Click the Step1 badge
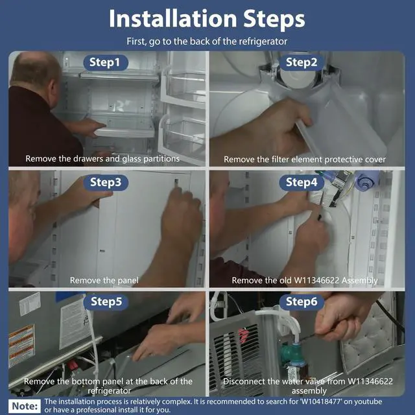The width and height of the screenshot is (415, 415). [x=106, y=62]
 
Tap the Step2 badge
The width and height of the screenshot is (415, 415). [x=302, y=62]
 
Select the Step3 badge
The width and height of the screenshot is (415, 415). [x=106, y=182]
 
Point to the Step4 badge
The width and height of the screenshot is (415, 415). [x=302, y=182]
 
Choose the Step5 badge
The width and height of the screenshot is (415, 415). [x=106, y=302]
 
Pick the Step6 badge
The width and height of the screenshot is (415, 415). [x=302, y=302]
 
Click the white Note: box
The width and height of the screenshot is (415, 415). [x=25, y=406]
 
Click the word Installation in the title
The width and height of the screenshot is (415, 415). [x=173, y=19]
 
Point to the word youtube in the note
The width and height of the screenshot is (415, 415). [x=368, y=402]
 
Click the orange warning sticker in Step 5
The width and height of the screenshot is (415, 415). [x=21, y=345]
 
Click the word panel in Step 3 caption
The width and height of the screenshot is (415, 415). [x=128, y=281]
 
